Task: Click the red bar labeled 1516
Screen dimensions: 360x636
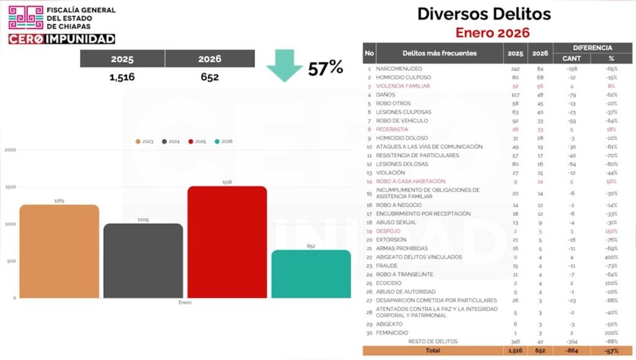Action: [x=227, y=242]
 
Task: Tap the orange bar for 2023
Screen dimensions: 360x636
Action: [x=59, y=251]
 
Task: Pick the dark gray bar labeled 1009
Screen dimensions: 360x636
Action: [x=143, y=261]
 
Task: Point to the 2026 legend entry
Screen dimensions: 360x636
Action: [x=223, y=142]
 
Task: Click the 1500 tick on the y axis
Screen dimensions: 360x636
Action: [x=10, y=187]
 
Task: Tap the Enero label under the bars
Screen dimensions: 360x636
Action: [x=185, y=302]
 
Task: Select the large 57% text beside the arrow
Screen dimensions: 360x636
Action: [x=326, y=68]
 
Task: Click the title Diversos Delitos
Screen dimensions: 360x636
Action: [x=484, y=14]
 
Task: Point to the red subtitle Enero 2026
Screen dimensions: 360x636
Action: [x=493, y=33]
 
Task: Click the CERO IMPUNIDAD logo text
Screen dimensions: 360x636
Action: [x=61, y=38]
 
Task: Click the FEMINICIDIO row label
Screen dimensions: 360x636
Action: [x=396, y=333]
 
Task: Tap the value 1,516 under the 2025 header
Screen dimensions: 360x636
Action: [x=122, y=78]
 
